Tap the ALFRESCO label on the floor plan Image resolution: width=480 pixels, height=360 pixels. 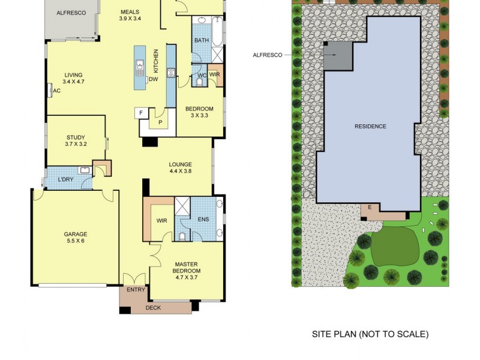(x=71, y=13)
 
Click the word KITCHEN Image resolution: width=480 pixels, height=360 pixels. (x=155, y=60)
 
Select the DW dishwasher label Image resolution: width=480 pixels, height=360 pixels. (x=153, y=79)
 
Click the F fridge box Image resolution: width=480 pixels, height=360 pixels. (x=141, y=112)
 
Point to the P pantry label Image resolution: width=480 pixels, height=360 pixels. (x=160, y=123)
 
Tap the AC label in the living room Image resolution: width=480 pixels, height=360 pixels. (x=57, y=91)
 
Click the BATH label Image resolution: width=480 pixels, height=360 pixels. (x=200, y=40)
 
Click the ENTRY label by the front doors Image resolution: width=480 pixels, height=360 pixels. (x=136, y=290)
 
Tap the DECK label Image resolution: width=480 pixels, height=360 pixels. (x=154, y=308)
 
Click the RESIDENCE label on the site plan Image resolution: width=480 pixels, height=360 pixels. (x=370, y=126)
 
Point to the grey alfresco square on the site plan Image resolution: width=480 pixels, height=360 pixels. (x=338, y=57)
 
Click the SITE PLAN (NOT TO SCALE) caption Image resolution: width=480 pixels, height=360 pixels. (x=370, y=334)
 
